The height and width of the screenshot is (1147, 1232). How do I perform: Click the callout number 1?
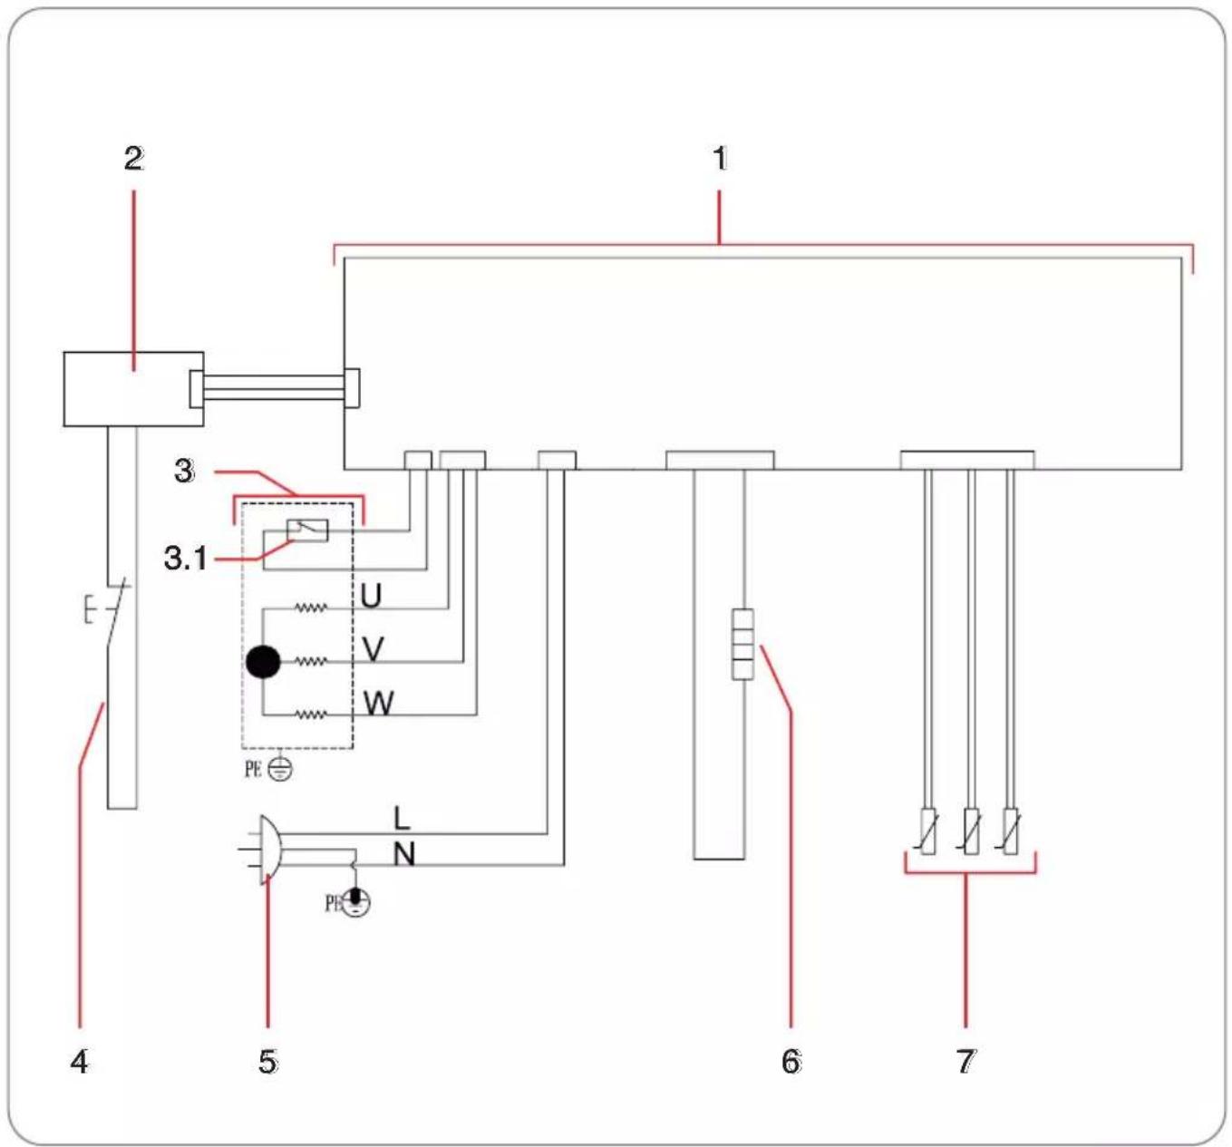(720, 159)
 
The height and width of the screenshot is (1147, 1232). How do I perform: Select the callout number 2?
(134, 159)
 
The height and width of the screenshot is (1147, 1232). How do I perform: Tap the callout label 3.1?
(186, 559)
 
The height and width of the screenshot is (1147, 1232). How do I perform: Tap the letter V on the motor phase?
(373, 649)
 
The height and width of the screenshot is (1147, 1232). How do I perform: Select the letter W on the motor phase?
(378, 703)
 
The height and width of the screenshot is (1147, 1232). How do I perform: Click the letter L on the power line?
(402, 819)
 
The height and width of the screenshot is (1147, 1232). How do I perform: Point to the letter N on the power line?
(403, 855)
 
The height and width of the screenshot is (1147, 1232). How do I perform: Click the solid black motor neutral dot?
(263, 662)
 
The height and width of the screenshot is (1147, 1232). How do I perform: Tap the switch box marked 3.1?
(307, 530)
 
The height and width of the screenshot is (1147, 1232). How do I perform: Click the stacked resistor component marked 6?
(742, 645)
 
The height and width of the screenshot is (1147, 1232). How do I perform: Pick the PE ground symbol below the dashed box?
(281, 770)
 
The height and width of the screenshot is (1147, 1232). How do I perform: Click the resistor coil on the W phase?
(310, 714)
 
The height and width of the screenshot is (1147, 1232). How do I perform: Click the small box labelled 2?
(133, 389)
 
